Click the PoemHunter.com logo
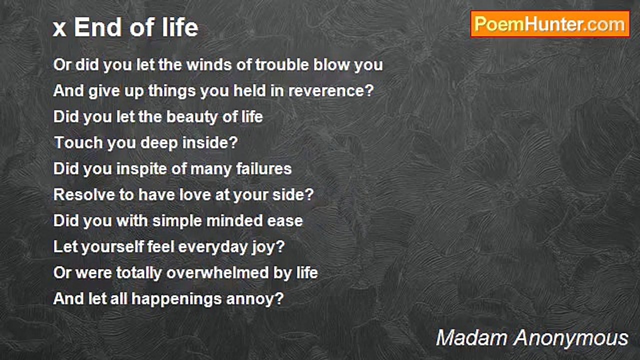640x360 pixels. tap(550, 24)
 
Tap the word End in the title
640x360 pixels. tap(96, 27)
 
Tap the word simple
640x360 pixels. tap(183, 221)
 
